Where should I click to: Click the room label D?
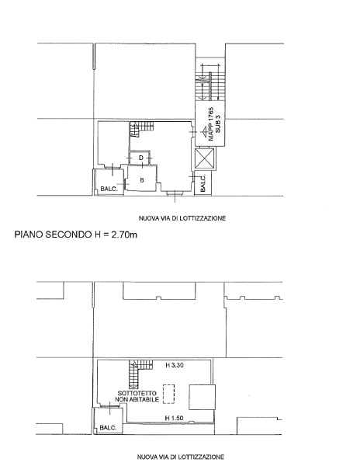pyautogui.click(x=140, y=158)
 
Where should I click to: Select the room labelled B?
pyautogui.click(x=141, y=179)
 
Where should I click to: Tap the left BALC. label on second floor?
pyautogui.click(x=108, y=189)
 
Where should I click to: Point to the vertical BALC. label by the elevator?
pyautogui.click(x=204, y=183)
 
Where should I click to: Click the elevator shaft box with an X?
pyautogui.click(x=206, y=159)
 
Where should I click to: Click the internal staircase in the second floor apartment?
pyautogui.click(x=140, y=127)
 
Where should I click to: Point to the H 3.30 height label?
pyautogui.click(x=175, y=365)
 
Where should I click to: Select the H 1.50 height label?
pyautogui.click(x=175, y=419)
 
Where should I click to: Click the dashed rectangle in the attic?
pyautogui.click(x=169, y=395)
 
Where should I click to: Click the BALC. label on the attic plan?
pyautogui.click(x=107, y=428)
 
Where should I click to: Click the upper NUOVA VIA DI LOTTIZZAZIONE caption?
pyautogui.click(x=182, y=218)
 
